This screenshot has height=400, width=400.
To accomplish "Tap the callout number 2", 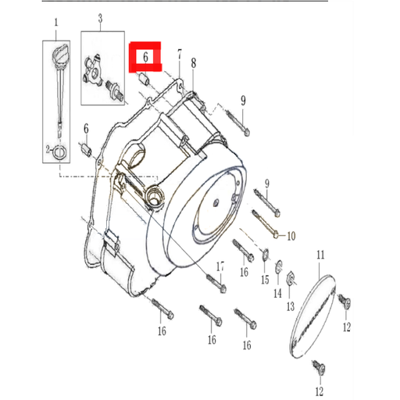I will [47, 148].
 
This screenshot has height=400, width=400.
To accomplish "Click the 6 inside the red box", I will [145, 57].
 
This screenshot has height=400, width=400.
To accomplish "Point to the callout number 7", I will [179, 55].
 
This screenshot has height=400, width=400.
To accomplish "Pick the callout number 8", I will [193, 62].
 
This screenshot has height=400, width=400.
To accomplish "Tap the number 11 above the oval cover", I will [320, 255].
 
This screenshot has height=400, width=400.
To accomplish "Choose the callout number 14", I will [277, 293].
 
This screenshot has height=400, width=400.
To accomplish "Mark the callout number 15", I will [265, 279].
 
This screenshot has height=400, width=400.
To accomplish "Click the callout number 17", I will [220, 266].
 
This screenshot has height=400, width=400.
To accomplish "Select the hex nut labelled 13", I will [287, 276].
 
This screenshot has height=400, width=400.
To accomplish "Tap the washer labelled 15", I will [264, 252].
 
